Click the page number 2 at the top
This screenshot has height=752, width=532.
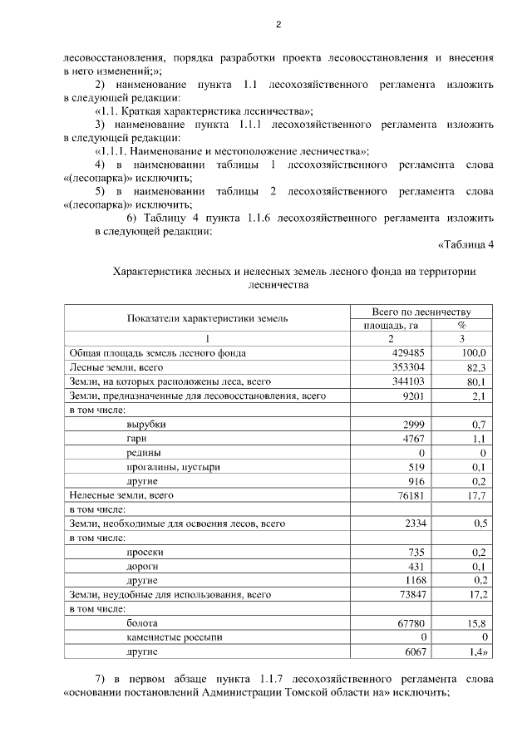click(x=278, y=25)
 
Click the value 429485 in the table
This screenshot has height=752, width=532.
click(x=408, y=353)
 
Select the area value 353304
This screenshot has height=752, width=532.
click(x=408, y=367)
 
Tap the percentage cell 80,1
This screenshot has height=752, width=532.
click(x=477, y=381)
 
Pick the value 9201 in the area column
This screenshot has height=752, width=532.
click(x=413, y=396)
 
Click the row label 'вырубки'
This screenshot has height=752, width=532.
click(x=145, y=425)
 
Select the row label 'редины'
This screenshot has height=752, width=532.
click(x=144, y=453)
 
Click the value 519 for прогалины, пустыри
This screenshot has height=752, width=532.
click(x=416, y=467)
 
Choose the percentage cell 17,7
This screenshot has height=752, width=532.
click(x=477, y=495)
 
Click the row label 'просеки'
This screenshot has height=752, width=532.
click(x=145, y=552)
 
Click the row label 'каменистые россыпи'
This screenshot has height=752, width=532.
click(x=174, y=636)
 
